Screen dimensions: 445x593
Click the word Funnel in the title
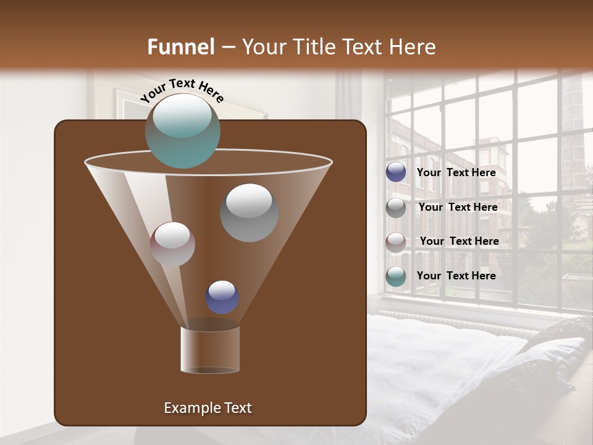tap(180, 47)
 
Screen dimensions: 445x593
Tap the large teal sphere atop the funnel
tap(183, 130)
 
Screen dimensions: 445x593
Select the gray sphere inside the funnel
tap(249, 213)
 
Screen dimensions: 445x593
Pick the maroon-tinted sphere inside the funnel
tap(172, 244)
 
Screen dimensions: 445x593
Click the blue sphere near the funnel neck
tap(222, 297)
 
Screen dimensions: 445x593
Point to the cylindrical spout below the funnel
tap(210, 350)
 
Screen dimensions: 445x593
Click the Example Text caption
tap(208, 408)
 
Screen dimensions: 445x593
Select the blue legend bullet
tap(396, 172)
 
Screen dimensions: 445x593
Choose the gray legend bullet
tap(396, 208)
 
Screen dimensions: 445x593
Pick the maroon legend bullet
tap(396, 242)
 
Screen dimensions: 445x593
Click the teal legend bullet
tap(396, 276)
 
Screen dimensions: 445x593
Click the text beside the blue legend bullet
tap(456, 173)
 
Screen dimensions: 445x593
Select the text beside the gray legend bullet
tap(458, 208)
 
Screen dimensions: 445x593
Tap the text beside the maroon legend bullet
tap(459, 242)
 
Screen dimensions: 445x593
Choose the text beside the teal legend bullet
tap(456, 276)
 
